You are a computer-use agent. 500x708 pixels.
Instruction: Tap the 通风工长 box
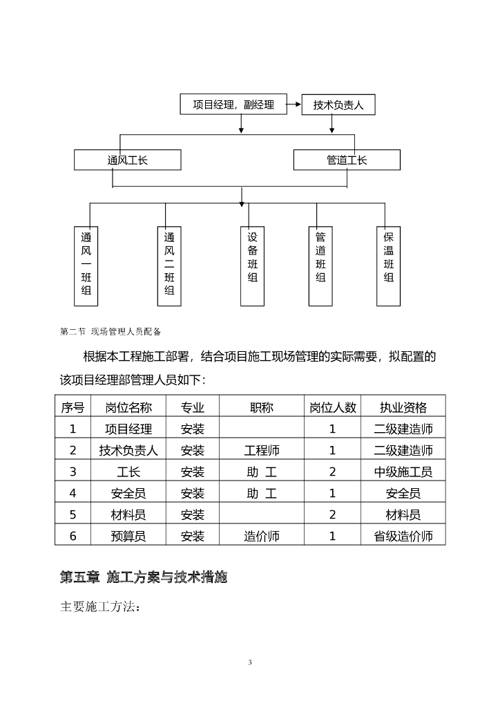coord(128,160)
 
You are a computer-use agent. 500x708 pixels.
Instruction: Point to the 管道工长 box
coord(347,160)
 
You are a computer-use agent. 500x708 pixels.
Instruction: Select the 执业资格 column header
coord(403,407)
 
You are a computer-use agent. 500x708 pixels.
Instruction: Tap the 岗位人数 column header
coord(332,407)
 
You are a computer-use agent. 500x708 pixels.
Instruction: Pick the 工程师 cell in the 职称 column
coord(262,450)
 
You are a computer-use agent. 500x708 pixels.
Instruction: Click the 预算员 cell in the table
coord(128,536)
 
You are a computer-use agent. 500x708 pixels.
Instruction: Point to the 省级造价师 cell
coord(403,536)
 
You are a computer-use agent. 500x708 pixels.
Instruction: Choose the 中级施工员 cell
coord(403,472)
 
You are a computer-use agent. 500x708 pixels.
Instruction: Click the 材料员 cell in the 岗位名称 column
coord(128,514)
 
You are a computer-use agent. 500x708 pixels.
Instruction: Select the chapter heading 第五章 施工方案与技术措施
coord(144,577)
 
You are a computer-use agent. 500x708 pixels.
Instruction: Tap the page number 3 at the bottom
coord(250,662)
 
